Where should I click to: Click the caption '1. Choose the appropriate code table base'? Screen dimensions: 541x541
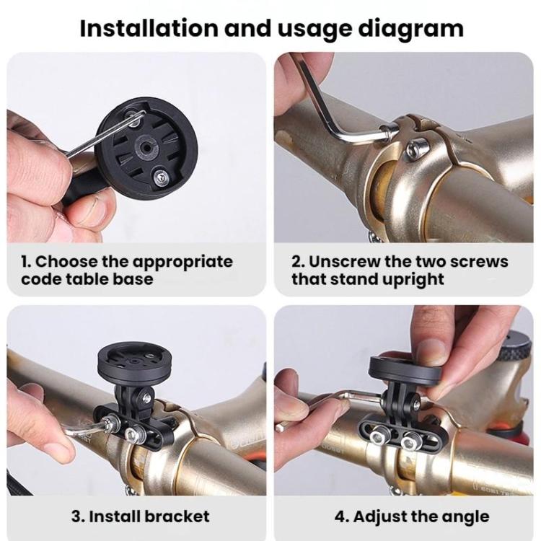click(x=126, y=270)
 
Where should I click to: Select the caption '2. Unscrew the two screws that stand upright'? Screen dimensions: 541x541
click(x=400, y=270)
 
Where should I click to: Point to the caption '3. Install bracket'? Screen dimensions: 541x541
click(x=140, y=516)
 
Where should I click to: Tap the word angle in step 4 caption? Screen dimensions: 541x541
click(x=462, y=516)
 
